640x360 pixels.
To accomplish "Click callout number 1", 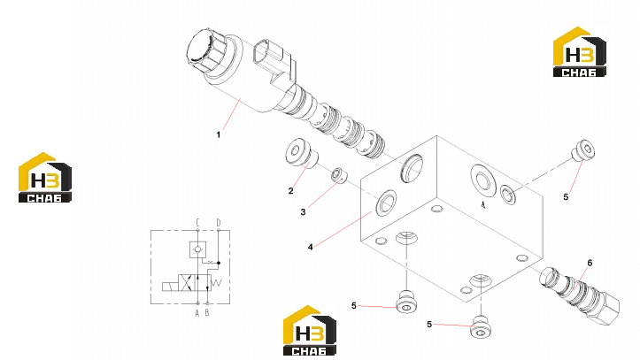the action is (x=219, y=134).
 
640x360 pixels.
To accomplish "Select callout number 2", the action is (x=290, y=191).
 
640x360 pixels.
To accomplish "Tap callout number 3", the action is (x=303, y=212).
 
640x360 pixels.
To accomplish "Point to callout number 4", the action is (x=310, y=247).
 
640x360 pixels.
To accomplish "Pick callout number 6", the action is (x=590, y=263).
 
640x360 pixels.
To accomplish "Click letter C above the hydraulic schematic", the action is (x=197, y=223).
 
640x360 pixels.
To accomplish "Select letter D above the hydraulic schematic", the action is (x=219, y=223).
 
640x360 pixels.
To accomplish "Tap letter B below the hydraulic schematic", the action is (x=207, y=313).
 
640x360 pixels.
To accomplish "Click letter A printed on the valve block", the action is (x=483, y=204).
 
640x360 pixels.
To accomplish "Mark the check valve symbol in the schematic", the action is (x=198, y=249).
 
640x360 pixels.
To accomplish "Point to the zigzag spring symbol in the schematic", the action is (x=217, y=282).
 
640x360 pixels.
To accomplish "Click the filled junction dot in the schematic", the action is (x=219, y=263).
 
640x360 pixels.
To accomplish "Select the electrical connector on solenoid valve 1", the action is (x=273, y=60).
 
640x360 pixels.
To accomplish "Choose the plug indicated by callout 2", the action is (x=302, y=153).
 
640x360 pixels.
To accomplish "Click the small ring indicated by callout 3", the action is (x=339, y=175).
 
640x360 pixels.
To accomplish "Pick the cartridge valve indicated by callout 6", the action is (x=580, y=295).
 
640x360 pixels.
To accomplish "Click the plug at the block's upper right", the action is (x=582, y=151).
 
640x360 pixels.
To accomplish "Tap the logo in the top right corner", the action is (x=580, y=52).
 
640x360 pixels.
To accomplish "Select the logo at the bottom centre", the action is (x=310, y=331).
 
